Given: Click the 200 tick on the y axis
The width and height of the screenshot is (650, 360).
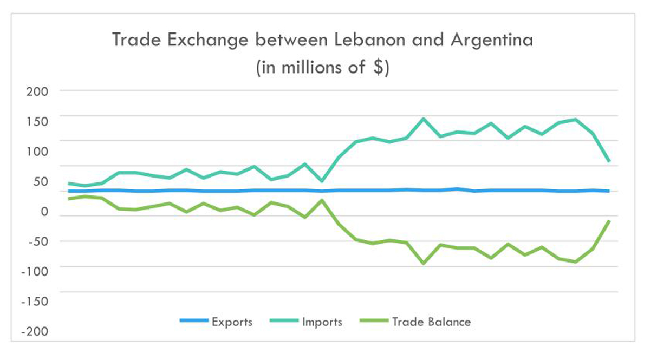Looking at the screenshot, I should [37, 91].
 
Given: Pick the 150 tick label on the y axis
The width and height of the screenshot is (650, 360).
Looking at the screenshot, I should [37, 121].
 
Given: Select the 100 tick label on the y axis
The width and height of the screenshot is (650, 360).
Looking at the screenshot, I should [37, 152].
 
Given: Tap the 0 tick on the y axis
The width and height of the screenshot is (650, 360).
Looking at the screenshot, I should [45, 212].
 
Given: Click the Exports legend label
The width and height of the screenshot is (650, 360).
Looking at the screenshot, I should [232, 322].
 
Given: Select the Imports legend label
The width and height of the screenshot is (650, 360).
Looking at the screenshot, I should [322, 322].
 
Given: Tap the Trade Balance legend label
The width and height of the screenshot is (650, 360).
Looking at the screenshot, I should [431, 322].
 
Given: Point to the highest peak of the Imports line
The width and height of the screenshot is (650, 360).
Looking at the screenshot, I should [423, 119].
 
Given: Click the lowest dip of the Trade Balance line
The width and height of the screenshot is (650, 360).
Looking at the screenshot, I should [423, 264].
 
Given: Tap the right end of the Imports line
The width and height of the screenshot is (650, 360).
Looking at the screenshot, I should [609, 161].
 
